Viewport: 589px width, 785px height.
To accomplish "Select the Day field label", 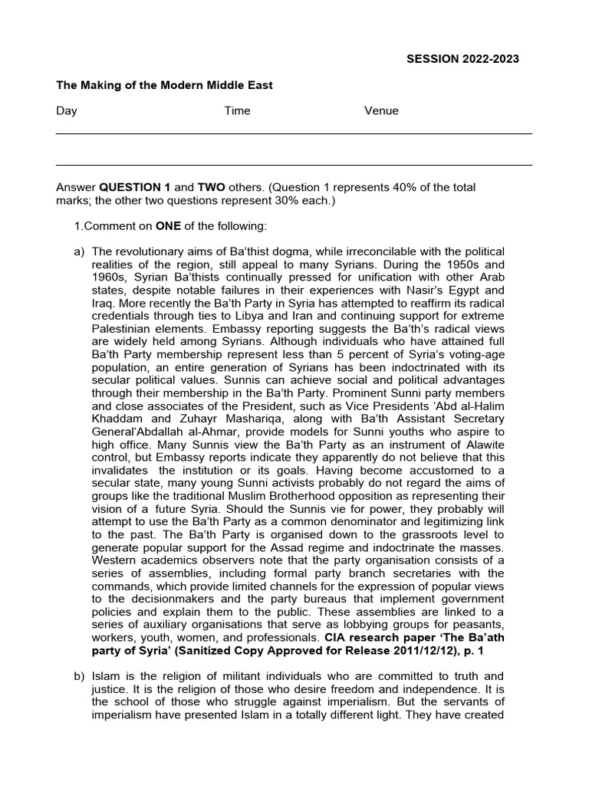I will [67, 111].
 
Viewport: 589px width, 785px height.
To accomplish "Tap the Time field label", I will [237, 111].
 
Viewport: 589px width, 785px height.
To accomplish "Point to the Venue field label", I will [381, 111].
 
